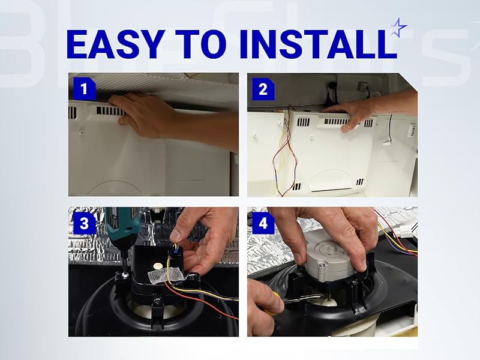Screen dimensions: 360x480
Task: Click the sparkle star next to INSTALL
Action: (398, 27)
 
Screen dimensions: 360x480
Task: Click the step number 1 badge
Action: (84, 89)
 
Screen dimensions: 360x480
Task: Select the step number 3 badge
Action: (84, 224)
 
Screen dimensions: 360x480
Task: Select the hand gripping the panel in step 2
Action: (354, 114)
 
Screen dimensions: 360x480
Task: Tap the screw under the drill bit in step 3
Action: (124, 275)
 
